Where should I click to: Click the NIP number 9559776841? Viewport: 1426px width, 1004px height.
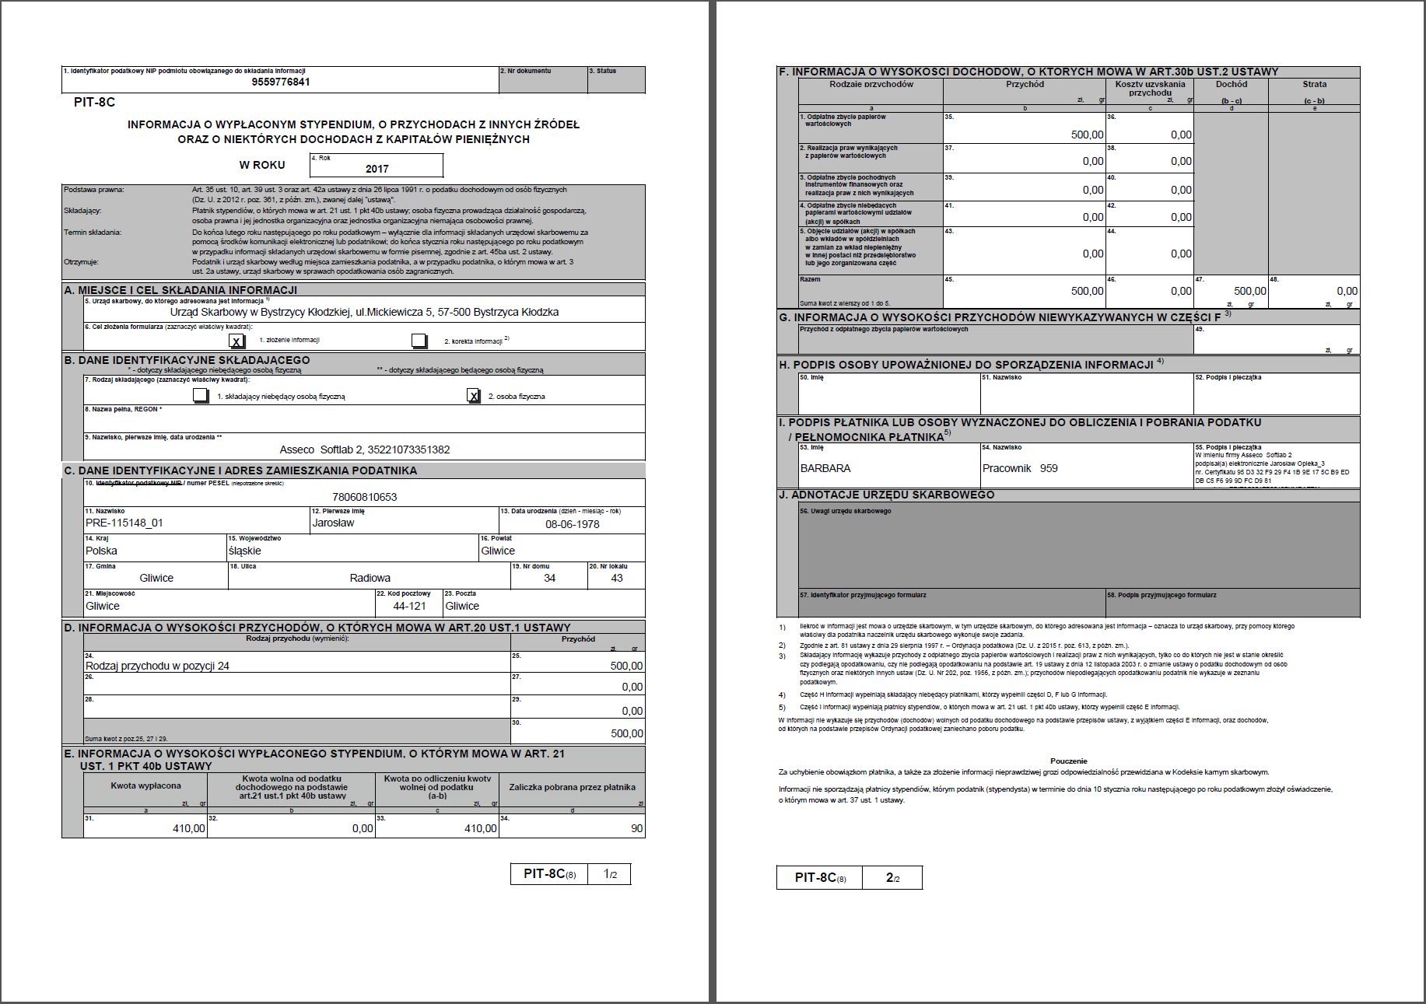281,82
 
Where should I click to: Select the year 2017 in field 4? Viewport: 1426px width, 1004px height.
377,169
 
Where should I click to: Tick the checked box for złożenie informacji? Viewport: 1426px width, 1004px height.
236,341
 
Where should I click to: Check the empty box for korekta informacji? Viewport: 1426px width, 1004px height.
419,341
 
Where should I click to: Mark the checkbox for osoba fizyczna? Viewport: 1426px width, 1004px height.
474,396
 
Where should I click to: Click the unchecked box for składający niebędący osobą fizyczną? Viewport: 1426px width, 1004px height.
201,396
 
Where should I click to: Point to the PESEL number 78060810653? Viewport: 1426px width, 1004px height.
364,497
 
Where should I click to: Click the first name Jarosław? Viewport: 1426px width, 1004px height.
333,523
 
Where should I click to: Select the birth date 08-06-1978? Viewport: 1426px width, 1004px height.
572,524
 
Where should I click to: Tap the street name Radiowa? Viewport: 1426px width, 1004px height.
370,578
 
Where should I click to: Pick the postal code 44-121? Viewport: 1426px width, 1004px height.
409,606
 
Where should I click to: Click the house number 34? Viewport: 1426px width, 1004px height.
549,578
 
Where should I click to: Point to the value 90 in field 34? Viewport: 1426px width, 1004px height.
636,828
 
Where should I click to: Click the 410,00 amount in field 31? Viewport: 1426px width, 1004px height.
188,828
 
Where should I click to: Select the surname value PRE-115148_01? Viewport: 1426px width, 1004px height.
124,523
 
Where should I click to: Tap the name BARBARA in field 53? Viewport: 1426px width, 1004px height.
825,468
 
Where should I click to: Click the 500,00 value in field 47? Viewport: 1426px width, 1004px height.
1249,291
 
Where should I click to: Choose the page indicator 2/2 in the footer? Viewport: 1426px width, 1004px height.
892,877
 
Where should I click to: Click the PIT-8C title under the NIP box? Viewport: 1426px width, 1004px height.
94,102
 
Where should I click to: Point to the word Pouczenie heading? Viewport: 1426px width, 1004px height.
1068,761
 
